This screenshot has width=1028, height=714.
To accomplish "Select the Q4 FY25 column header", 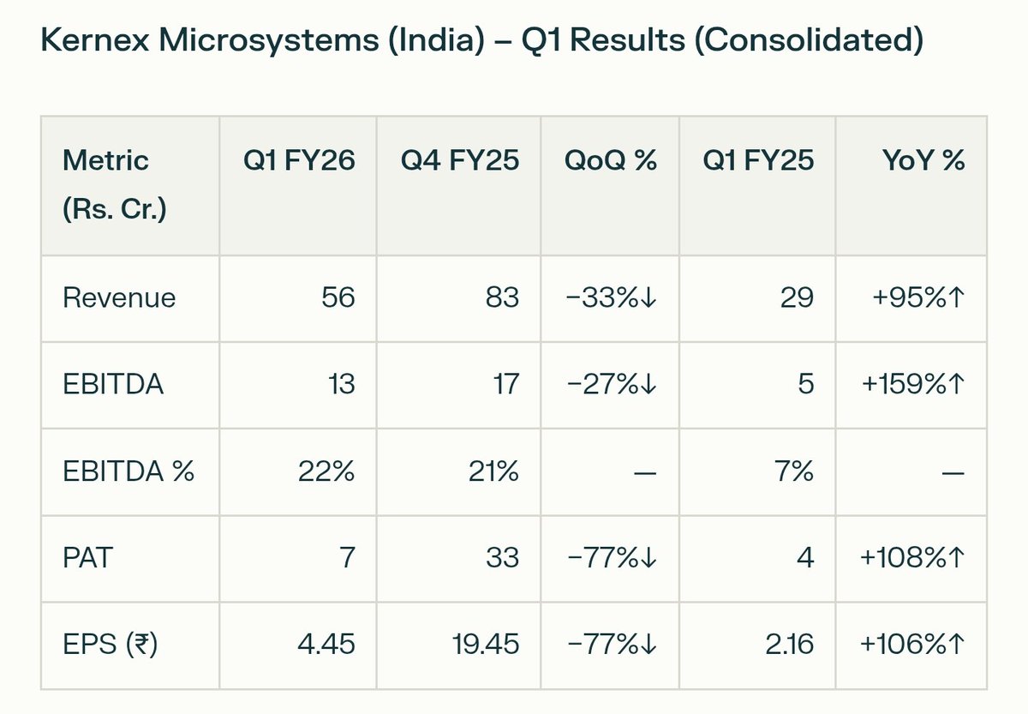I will coord(460,160).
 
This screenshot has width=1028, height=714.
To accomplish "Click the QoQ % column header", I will coord(611,160).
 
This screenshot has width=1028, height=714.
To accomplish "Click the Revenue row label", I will coord(120,297).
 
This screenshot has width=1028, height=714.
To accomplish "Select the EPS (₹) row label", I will coord(110,645).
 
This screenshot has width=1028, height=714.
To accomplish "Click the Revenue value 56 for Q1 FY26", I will coord(338,297).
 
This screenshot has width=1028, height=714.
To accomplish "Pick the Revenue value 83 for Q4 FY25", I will coord(501,297).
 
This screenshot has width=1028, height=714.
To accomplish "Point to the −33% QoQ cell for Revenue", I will coord(611,297).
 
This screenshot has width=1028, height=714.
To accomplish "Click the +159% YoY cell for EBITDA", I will coord(911,384).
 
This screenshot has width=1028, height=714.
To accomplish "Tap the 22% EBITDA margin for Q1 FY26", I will coord(326,471).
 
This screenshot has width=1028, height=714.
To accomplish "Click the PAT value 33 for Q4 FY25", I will coord(502,558).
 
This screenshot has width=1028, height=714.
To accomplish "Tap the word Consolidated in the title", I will coord(808,42).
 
